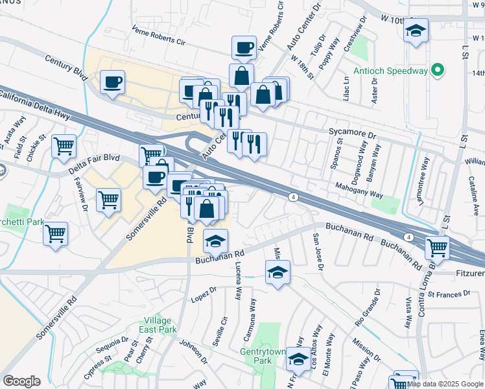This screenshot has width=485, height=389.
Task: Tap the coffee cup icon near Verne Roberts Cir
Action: click(x=244, y=47)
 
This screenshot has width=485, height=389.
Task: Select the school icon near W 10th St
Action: click(x=416, y=30)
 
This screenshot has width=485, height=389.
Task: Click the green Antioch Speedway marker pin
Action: click(x=437, y=69)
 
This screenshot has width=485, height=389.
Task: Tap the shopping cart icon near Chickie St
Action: click(x=64, y=147)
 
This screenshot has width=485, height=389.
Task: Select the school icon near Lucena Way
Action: click(x=216, y=241)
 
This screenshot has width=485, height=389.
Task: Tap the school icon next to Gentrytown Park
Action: click(x=298, y=359)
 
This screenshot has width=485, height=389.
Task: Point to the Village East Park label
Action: click(x=160, y=325)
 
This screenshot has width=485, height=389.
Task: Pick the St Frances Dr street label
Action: click(x=449, y=294)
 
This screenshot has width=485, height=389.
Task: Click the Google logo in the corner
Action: click(x=21, y=381)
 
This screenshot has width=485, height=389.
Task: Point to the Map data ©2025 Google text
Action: click(x=445, y=384)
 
